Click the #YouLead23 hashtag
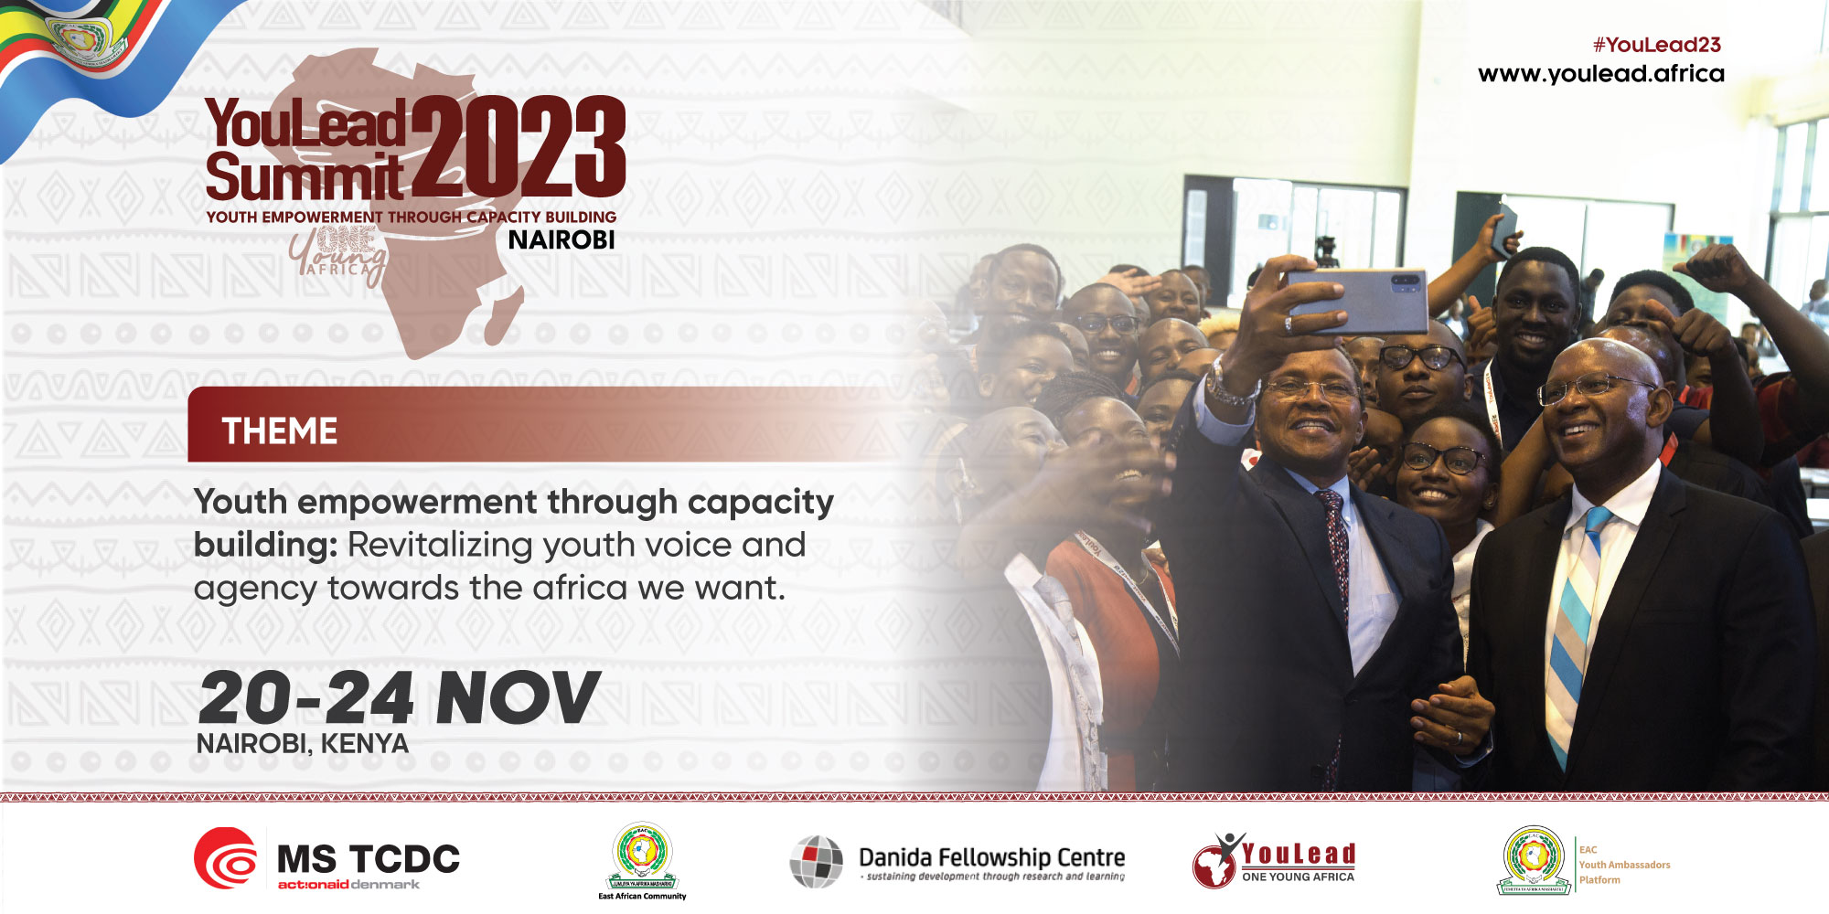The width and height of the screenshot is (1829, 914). tap(1656, 45)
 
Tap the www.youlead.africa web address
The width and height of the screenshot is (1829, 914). tap(1600, 73)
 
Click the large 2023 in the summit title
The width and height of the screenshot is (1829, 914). tap(518, 146)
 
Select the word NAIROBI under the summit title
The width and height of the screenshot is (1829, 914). tap(562, 240)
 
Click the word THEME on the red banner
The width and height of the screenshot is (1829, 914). tap(280, 431)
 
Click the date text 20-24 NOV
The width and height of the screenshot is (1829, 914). tap(399, 698)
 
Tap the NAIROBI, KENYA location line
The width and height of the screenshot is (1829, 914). tap(302, 744)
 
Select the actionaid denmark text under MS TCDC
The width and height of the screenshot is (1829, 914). tap(348, 885)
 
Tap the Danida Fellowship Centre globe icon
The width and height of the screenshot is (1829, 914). tap(816, 861)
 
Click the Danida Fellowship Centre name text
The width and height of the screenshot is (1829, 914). tap(991, 857)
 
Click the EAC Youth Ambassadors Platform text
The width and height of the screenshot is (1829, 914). tap(1623, 865)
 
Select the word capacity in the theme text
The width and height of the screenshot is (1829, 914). tap(760, 503)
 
